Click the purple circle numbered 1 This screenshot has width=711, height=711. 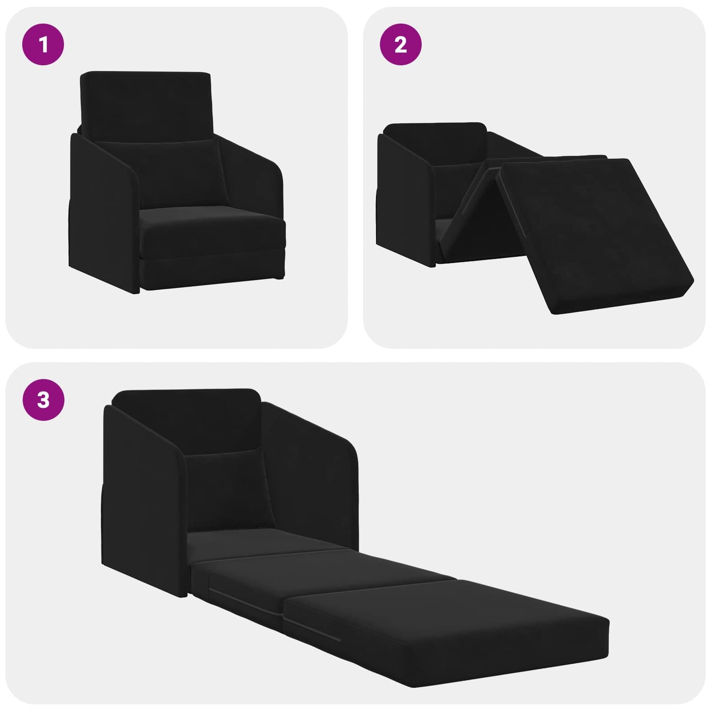43,45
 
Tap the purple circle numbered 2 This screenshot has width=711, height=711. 401,45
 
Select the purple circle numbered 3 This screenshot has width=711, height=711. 43,400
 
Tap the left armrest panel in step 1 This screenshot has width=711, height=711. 101,212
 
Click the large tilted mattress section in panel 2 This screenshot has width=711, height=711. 595,231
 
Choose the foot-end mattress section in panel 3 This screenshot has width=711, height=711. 443,620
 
